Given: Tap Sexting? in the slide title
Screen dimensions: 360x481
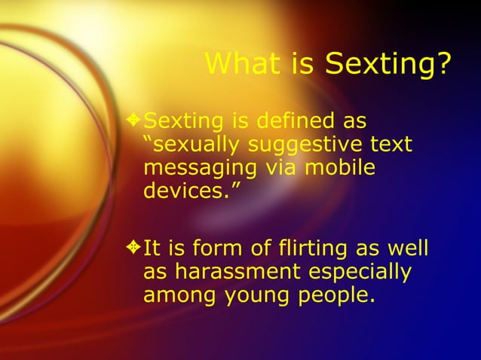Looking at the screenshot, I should click(388, 66).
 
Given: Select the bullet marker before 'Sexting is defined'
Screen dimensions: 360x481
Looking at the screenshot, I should click(134, 119).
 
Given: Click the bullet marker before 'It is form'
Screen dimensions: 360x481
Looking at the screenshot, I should click(134, 246).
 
